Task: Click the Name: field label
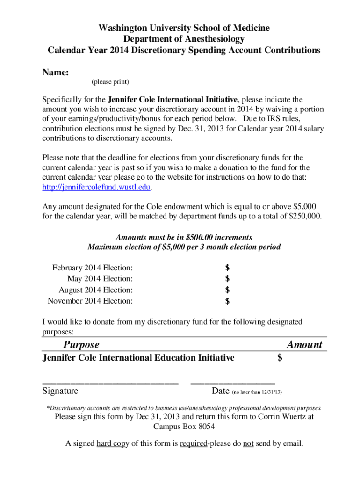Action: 56,73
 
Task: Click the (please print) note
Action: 110,82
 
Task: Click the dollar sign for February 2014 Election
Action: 227,268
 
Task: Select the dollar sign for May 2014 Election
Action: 227,279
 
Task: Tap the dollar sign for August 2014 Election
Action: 227,290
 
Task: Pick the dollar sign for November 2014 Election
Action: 227,301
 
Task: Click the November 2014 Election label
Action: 90,301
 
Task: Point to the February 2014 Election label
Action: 92,268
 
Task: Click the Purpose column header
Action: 81,345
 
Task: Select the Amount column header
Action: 304,345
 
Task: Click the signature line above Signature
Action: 110,383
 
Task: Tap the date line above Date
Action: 233,383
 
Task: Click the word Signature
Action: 60,391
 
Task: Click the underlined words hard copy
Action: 113,443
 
